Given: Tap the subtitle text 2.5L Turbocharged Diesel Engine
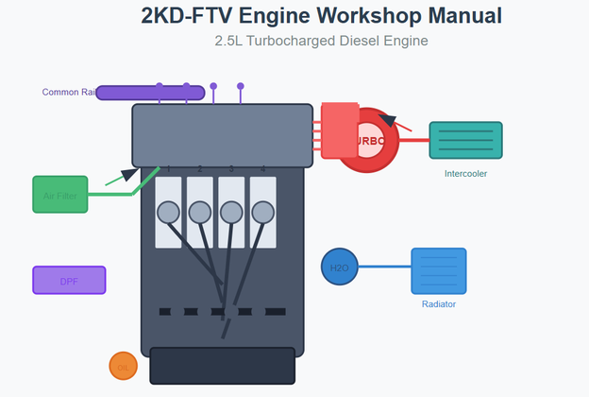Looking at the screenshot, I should pyautogui.click(x=322, y=41).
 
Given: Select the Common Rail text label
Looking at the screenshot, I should pyautogui.click(x=68, y=92).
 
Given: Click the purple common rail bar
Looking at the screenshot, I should pyautogui.click(x=150, y=93).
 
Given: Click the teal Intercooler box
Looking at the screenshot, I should pyautogui.click(x=465, y=140).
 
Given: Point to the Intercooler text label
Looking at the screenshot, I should pyautogui.click(x=465, y=174).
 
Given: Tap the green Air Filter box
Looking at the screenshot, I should pyautogui.click(x=59, y=195).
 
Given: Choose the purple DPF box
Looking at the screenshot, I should pyautogui.click(x=69, y=281).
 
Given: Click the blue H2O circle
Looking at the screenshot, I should pyautogui.click(x=339, y=268).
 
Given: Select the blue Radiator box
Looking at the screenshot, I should pyautogui.click(x=438, y=271).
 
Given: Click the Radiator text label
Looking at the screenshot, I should pyautogui.click(x=439, y=304).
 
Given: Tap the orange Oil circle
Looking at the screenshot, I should pyautogui.click(x=123, y=366).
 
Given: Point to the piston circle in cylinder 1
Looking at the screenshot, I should pyautogui.click(x=168, y=213).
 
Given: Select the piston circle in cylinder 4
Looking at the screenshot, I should pyautogui.click(x=262, y=213).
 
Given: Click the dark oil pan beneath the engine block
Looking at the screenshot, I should pyautogui.click(x=222, y=366).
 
